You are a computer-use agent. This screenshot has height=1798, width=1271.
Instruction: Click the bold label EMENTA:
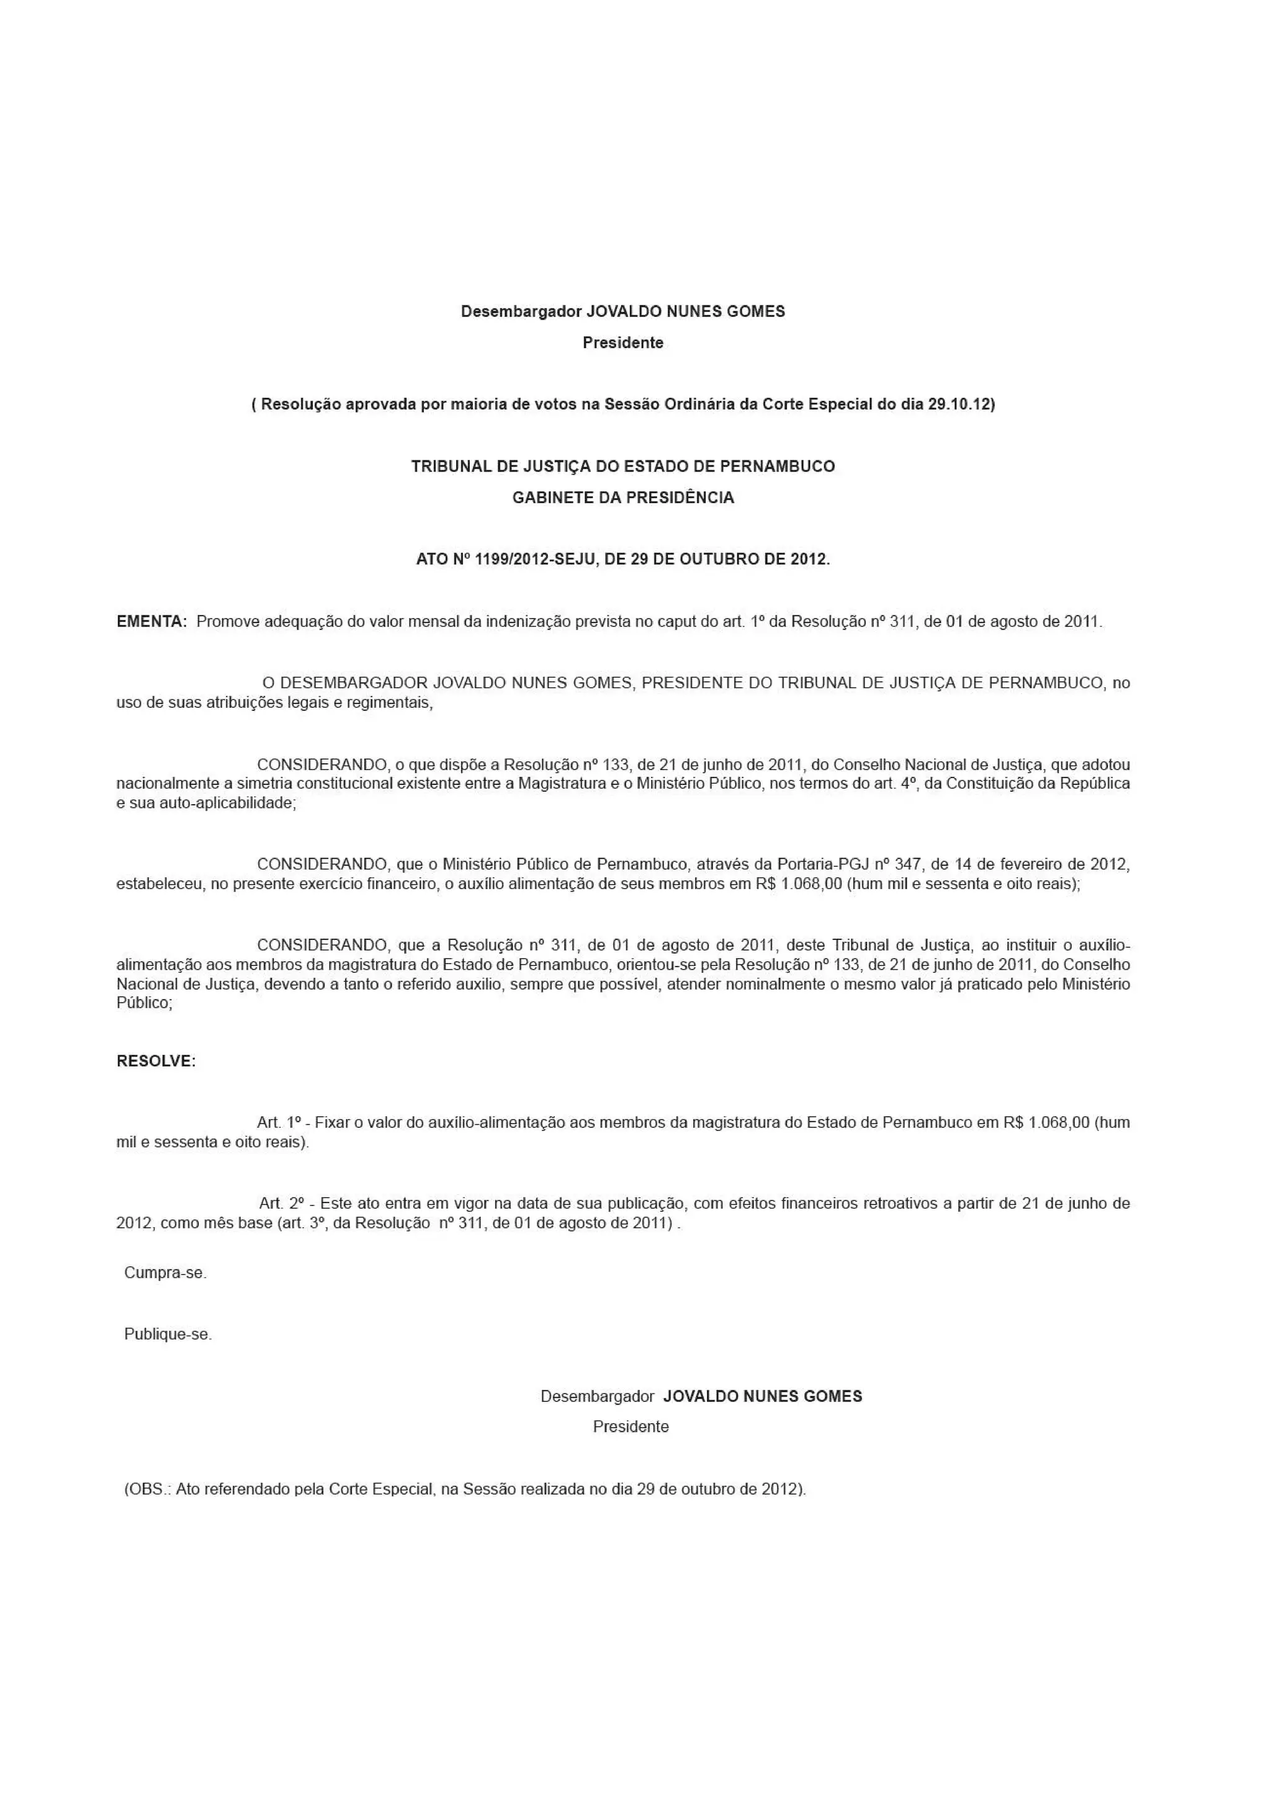coord(152,622)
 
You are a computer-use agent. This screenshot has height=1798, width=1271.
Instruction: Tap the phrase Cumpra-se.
coord(165,1272)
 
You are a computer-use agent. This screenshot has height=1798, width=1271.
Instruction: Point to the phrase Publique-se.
coord(168,1334)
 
